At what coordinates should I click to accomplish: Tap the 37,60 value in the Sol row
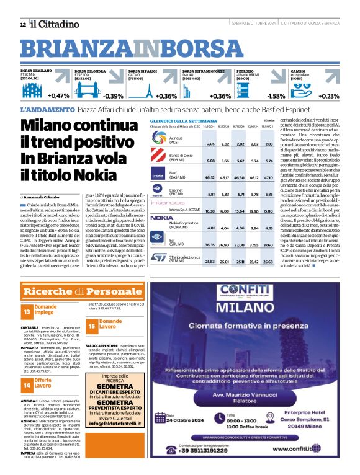coord(268,245)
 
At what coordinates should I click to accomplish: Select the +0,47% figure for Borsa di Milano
coord(58,96)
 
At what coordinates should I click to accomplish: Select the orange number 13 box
coord(27,310)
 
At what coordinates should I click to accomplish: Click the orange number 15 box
coord(91,324)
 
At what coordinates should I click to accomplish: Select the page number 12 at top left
coord(22,24)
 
